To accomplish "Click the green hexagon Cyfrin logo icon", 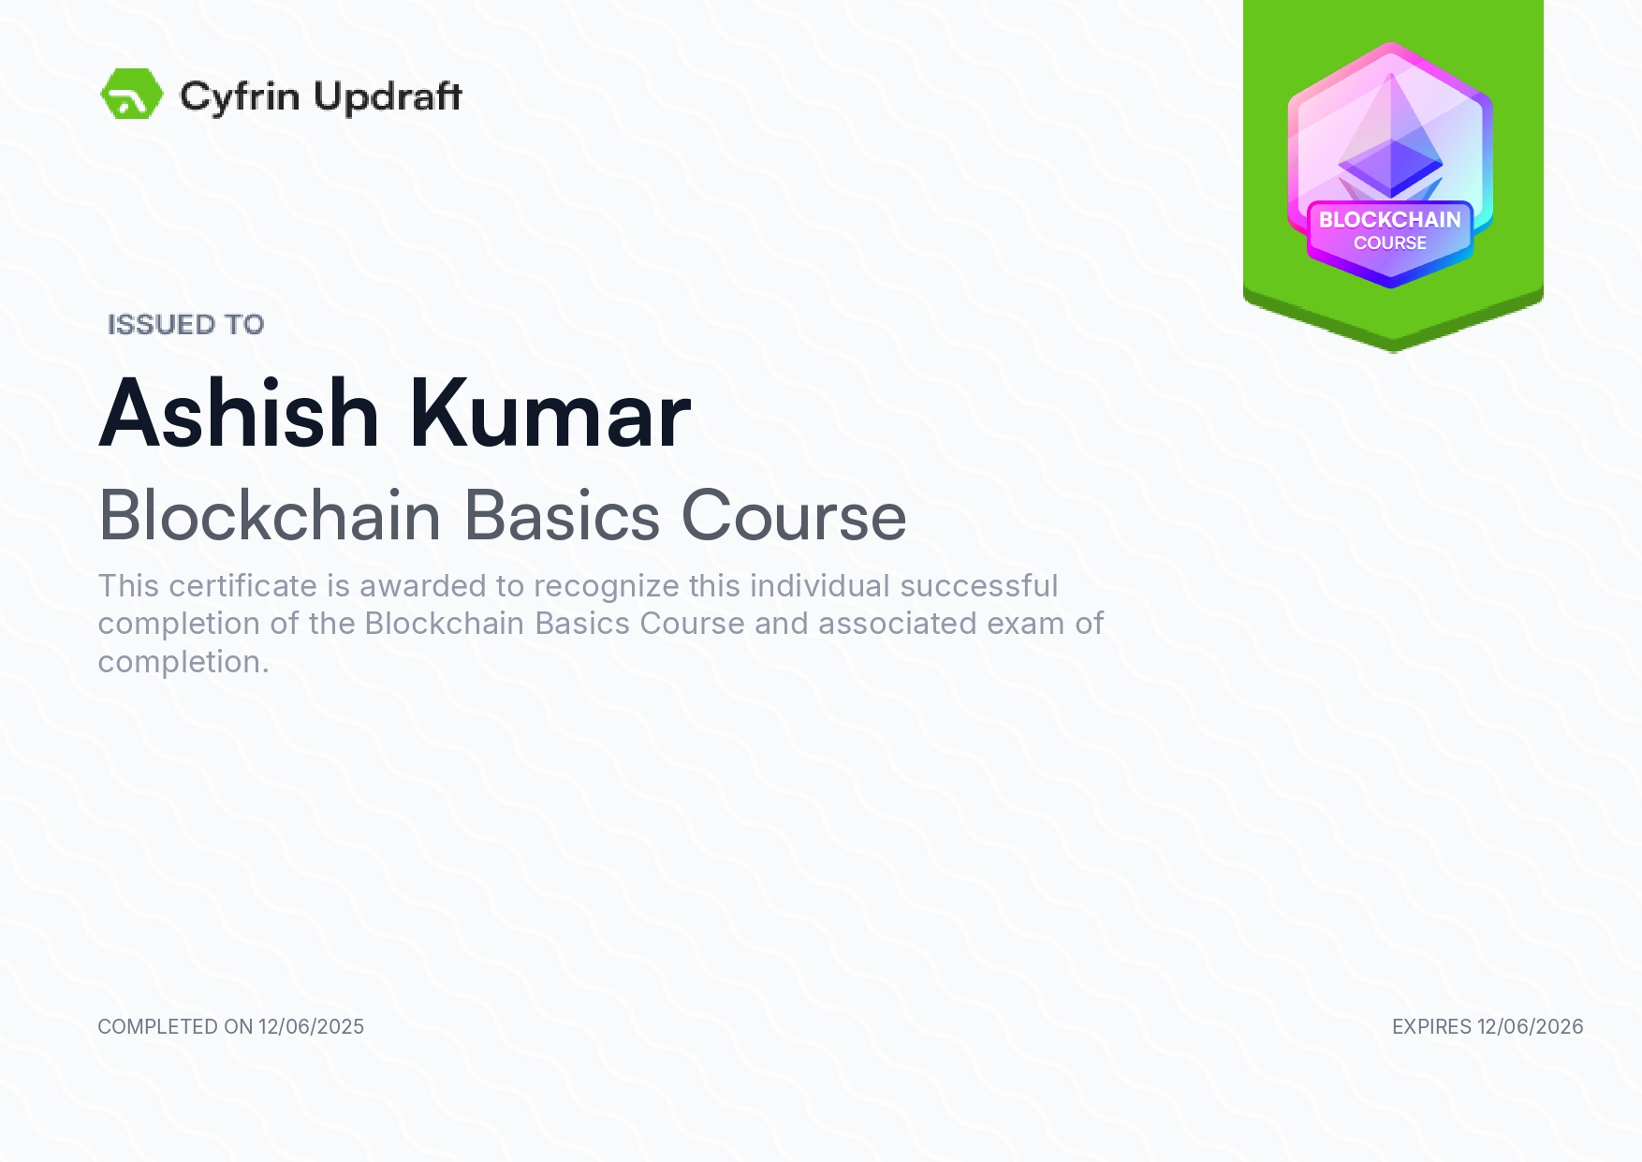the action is click(132, 94).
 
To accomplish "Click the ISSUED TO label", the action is click(186, 325).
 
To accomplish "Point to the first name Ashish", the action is click(239, 414).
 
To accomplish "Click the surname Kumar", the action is click(550, 414).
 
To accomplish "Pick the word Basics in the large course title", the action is click(563, 516).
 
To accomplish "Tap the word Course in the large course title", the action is click(794, 516).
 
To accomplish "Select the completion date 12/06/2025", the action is click(312, 1027).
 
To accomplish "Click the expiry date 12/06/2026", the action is click(1531, 1027).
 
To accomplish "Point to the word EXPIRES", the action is click(1432, 1027).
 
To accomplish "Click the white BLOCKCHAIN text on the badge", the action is click(1390, 220).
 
